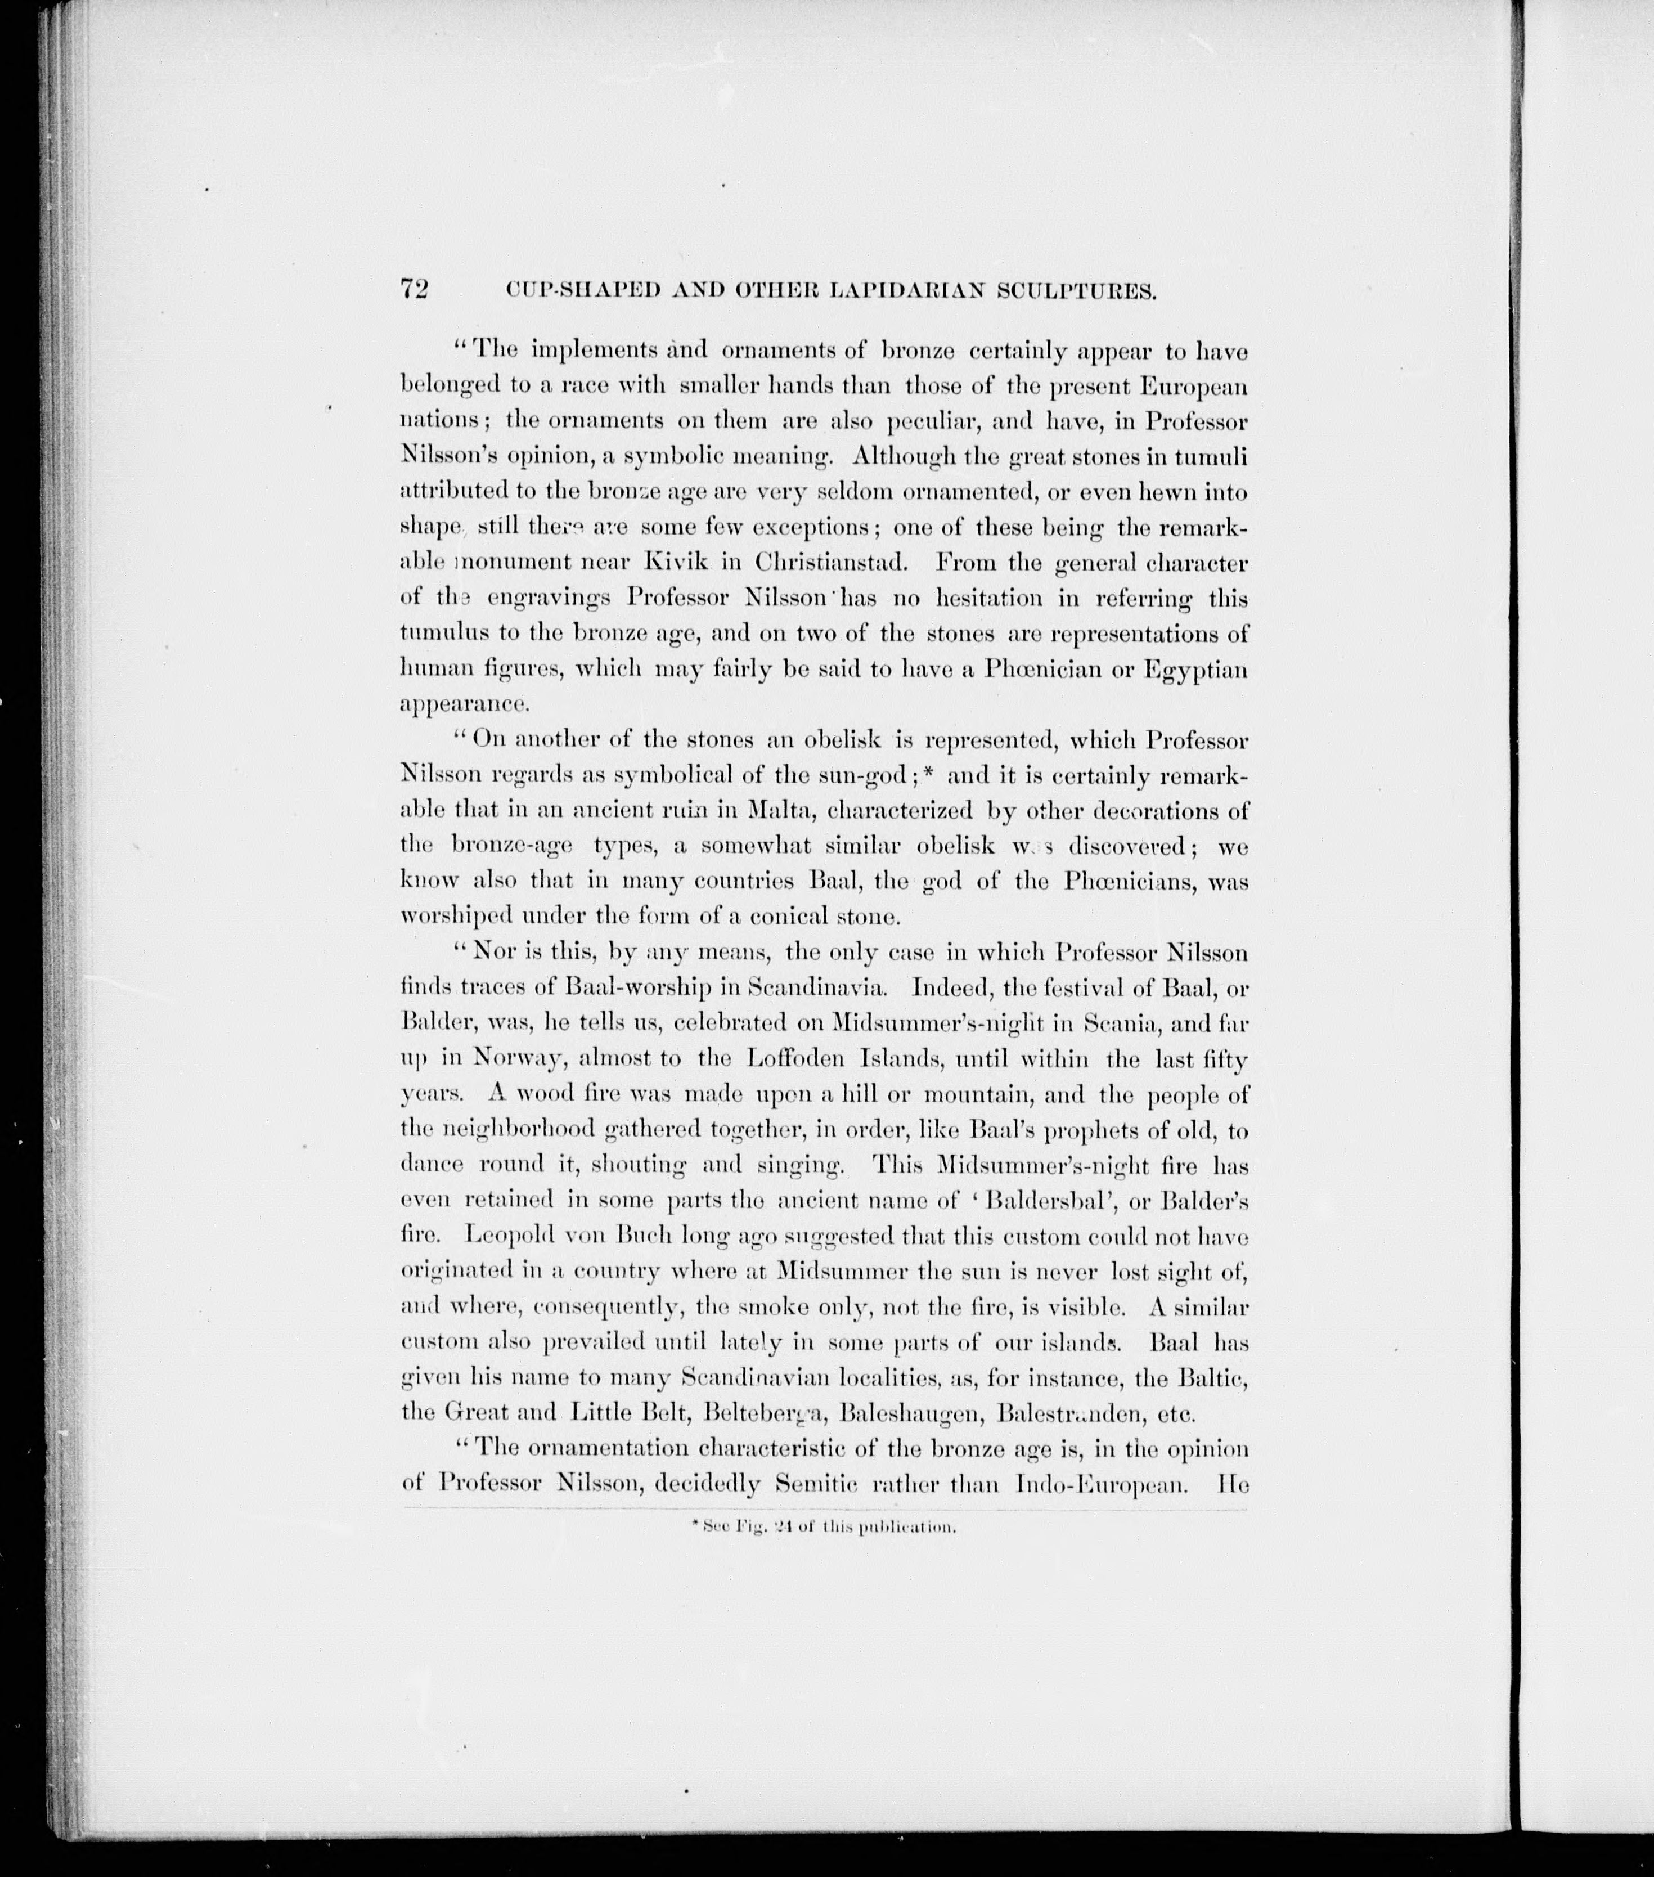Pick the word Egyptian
[1195, 670]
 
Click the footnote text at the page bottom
[824, 1529]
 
